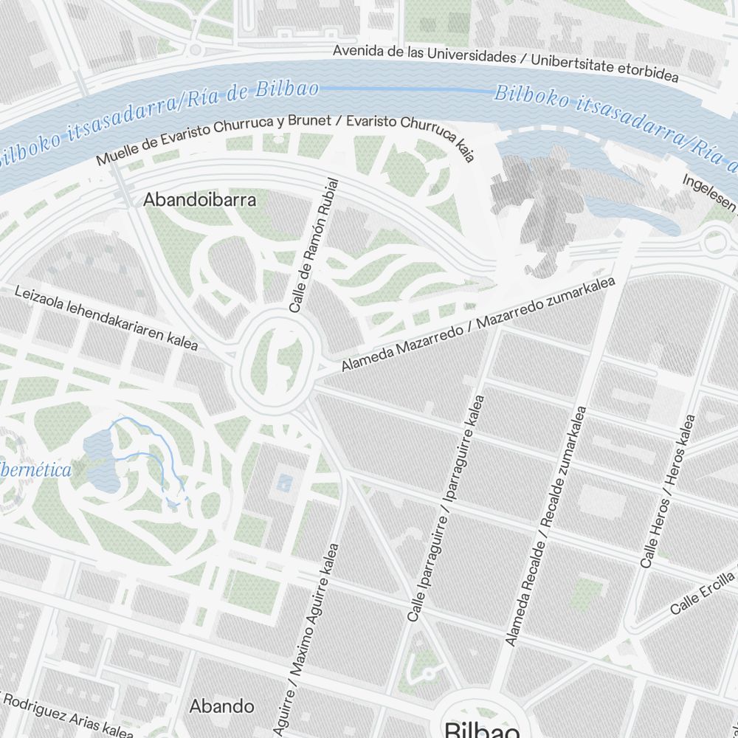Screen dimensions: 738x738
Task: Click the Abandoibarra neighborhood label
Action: tap(199, 200)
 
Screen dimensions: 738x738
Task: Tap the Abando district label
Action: tap(221, 706)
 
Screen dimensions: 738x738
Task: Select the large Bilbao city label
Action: tap(482, 729)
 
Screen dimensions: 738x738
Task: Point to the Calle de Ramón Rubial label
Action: tap(315, 245)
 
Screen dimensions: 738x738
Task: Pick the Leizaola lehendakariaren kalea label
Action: tap(106, 318)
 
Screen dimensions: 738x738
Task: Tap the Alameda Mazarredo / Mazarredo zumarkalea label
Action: tap(477, 324)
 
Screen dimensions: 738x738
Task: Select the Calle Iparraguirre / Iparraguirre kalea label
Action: tap(446, 508)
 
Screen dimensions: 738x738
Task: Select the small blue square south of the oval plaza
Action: tap(283, 484)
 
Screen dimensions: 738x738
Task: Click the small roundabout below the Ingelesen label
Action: tap(714, 241)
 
